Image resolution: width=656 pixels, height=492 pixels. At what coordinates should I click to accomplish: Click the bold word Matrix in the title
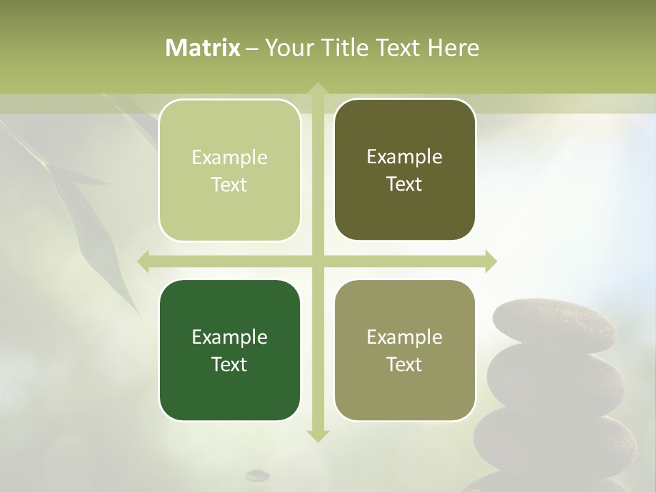tap(203, 48)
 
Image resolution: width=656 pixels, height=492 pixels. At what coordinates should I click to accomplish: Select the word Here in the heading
tap(454, 48)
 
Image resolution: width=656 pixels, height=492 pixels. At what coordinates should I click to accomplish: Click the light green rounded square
tap(230, 170)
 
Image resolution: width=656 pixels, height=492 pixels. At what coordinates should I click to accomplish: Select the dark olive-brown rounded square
tap(405, 169)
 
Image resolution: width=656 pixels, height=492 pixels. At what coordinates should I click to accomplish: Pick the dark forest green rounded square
tap(230, 350)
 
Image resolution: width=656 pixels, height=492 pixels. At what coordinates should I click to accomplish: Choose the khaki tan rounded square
tap(405, 350)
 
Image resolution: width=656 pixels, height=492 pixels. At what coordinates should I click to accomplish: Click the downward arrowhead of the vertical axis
tap(318, 435)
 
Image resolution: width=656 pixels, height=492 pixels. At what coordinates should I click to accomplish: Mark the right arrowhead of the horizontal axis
tap(491, 262)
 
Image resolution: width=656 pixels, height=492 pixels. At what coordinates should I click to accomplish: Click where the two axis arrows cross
tap(318, 262)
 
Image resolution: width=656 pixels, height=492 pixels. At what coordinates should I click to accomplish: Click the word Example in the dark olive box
tap(405, 156)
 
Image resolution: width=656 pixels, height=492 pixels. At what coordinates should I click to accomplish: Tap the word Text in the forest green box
tap(230, 364)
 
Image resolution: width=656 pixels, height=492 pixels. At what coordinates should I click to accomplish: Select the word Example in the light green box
tap(230, 157)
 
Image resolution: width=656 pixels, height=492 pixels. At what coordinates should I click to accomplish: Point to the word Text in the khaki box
tap(405, 364)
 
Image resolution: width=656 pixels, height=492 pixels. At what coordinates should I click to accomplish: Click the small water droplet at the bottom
tap(258, 474)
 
